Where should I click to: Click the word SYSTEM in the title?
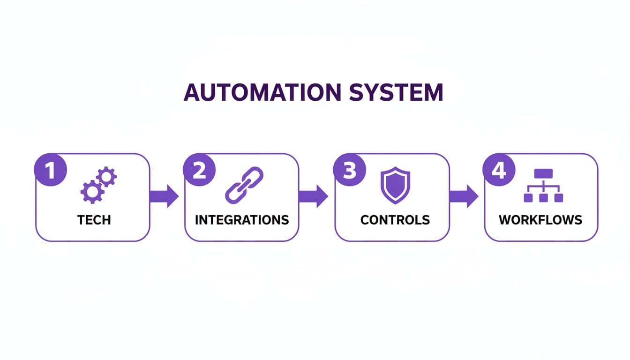click(396, 92)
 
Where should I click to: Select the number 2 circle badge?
click(199, 170)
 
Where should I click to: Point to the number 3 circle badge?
click(349, 170)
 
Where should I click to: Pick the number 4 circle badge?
click(499, 170)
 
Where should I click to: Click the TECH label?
click(94, 219)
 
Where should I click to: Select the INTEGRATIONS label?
click(242, 219)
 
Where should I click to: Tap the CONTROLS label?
click(395, 219)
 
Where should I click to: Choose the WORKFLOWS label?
click(540, 219)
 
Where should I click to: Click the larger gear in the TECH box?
click(90, 192)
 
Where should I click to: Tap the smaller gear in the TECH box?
click(106, 177)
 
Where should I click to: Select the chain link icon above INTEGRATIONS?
click(244, 185)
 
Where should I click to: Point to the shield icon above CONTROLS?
click(395, 185)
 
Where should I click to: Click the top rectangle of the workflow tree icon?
click(543, 173)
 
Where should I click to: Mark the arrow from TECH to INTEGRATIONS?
click(164, 196)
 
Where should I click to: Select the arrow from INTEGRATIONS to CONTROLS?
click(313, 196)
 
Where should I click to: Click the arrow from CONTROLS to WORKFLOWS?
click(464, 196)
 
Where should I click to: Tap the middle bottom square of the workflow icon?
click(543, 198)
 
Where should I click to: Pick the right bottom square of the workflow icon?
click(558, 198)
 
